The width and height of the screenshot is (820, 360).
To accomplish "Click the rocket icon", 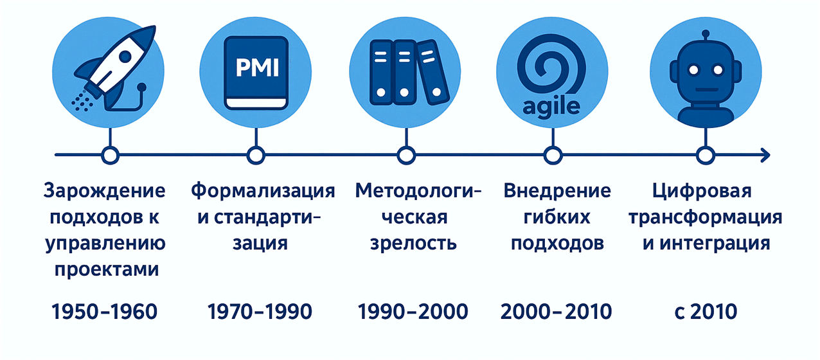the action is click(x=114, y=69).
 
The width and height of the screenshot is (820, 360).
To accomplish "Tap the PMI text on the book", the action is click(x=257, y=67).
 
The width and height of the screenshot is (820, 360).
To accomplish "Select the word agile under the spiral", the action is click(x=551, y=107).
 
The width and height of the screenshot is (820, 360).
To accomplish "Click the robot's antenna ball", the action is click(x=706, y=34).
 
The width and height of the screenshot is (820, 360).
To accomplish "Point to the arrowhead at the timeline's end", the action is click(x=765, y=156).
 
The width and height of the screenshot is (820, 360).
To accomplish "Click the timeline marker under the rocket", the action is click(x=110, y=156).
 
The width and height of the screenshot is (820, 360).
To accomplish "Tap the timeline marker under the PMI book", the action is click(x=256, y=156).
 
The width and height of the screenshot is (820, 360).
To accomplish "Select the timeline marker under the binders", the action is click(x=406, y=156).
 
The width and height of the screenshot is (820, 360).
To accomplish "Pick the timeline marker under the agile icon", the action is click(x=553, y=156).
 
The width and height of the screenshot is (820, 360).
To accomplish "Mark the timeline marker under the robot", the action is click(x=706, y=156).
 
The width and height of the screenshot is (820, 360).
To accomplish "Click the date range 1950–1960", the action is click(x=104, y=312).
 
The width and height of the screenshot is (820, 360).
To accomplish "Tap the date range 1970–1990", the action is click(x=260, y=312).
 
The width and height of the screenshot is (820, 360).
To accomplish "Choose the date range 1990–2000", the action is click(x=413, y=312).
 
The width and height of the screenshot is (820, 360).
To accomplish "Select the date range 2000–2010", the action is click(x=556, y=312).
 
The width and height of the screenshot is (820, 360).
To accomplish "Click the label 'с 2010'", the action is click(x=706, y=312).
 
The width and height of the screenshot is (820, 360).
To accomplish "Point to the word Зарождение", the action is click(x=104, y=192).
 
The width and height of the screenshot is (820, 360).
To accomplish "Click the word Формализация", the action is click(x=263, y=192).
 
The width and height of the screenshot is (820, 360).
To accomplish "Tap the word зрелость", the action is click(x=413, y=243).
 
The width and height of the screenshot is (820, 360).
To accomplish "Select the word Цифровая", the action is click(x=702, y=192).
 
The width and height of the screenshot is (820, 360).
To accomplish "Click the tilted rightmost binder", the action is click(x=433, y=72).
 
